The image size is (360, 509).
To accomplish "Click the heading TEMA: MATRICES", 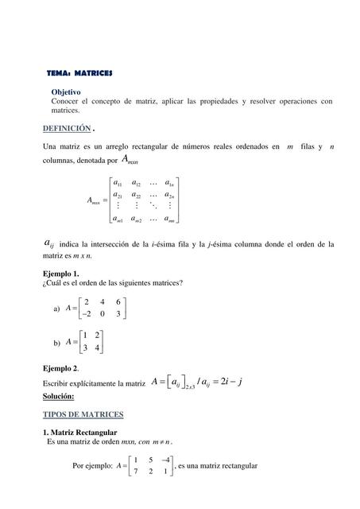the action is tap(79, 73).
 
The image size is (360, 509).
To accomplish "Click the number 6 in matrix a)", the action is tap(118, 301).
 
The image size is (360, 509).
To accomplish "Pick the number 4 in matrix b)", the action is tap(97, 348).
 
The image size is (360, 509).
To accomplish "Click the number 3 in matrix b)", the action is tap(85, 348).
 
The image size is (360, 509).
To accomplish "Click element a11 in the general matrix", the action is tap(118, 183).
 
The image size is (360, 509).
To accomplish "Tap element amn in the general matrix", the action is tap(169, 220).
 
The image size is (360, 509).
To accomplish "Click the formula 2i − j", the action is tap(228, 382).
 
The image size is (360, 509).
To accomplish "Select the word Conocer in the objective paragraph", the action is tap(67, 102).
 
